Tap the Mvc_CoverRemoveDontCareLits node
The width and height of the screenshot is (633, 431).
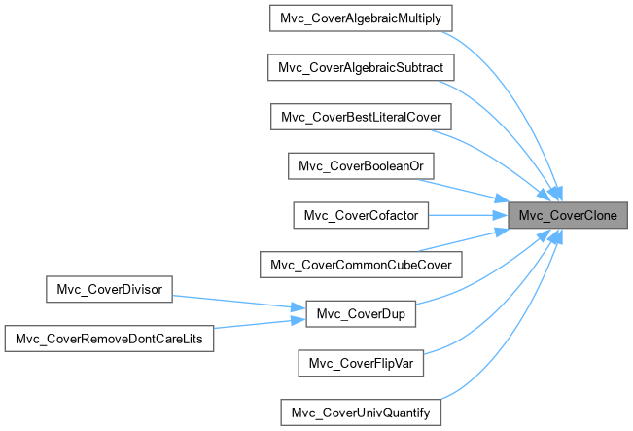tap(111, 338)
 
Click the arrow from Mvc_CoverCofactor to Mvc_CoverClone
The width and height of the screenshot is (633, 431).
tap(467, 214)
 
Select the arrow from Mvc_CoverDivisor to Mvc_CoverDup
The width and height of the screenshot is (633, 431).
tap(238, 300)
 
